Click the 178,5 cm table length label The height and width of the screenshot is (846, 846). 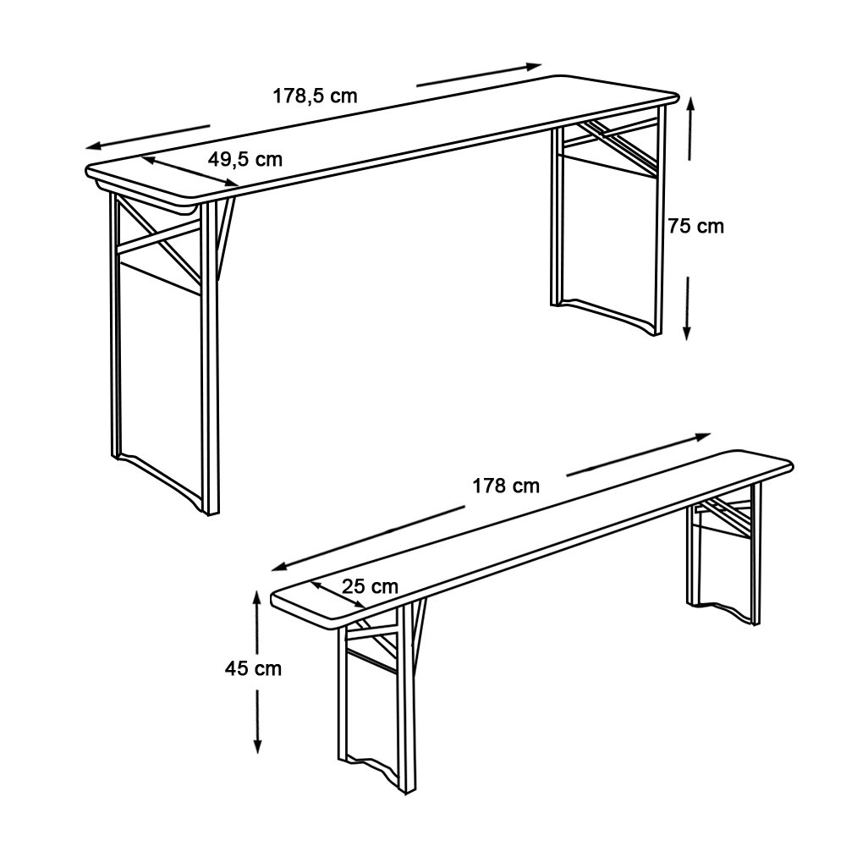[315, 96]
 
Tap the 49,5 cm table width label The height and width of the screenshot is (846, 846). [245, 159]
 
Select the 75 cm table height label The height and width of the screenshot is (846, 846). [696, 226]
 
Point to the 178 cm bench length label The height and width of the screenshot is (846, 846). [506, 486]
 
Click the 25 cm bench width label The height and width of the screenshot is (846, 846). [371, 586]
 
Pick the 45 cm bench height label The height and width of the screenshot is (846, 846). [253, 669]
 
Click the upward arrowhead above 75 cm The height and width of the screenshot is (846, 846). [690, 102]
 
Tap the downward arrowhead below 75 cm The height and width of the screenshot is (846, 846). [687, 332]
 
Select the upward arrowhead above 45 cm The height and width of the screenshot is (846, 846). [257, 597]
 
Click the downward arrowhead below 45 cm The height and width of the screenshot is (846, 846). [258, 745]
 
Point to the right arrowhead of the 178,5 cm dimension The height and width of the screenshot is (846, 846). [534, 66]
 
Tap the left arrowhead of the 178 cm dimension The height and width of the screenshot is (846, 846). [279, 567]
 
